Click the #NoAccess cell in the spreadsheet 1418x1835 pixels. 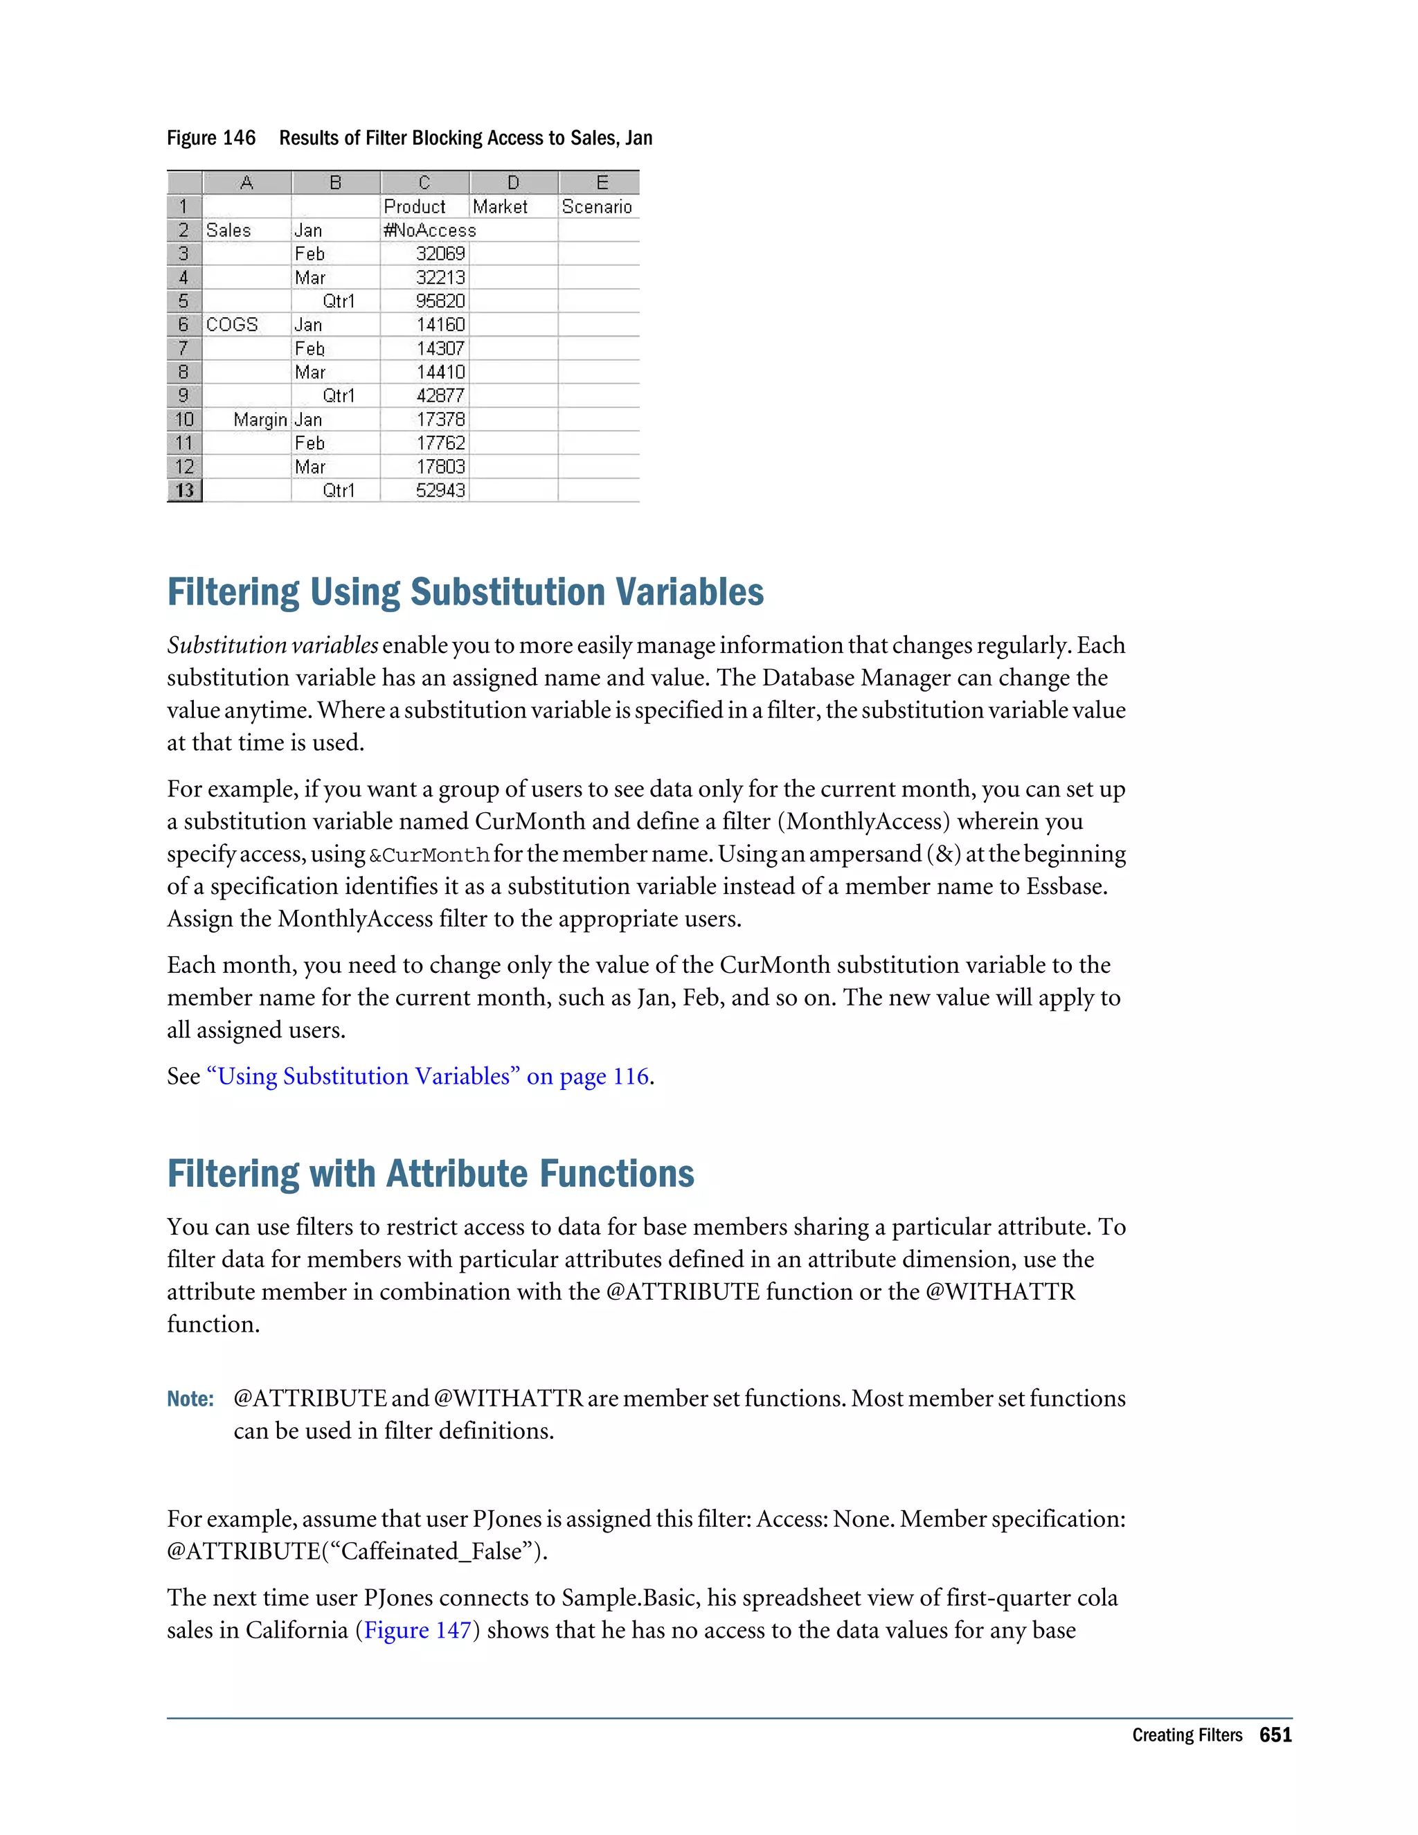(429, 230)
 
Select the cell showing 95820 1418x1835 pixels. (440, 301)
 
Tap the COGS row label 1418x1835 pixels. (232, 324)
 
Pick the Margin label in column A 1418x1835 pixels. (260, 419)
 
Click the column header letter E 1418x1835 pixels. (602, 182)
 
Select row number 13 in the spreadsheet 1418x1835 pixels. (184, 490)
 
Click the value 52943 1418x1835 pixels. (440, 490)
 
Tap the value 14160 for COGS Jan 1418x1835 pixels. (440, 324)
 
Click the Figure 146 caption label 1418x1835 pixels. (211, 138)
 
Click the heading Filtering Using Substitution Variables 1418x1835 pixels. (465, 591)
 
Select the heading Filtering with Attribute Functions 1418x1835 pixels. (430, 1174)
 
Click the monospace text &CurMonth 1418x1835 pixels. (429, 855)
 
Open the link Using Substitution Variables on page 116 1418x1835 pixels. (428, 1076)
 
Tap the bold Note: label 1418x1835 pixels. (190, 1399)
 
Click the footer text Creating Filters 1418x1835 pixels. (1186, 1735)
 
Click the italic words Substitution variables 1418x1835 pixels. (272, 645)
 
